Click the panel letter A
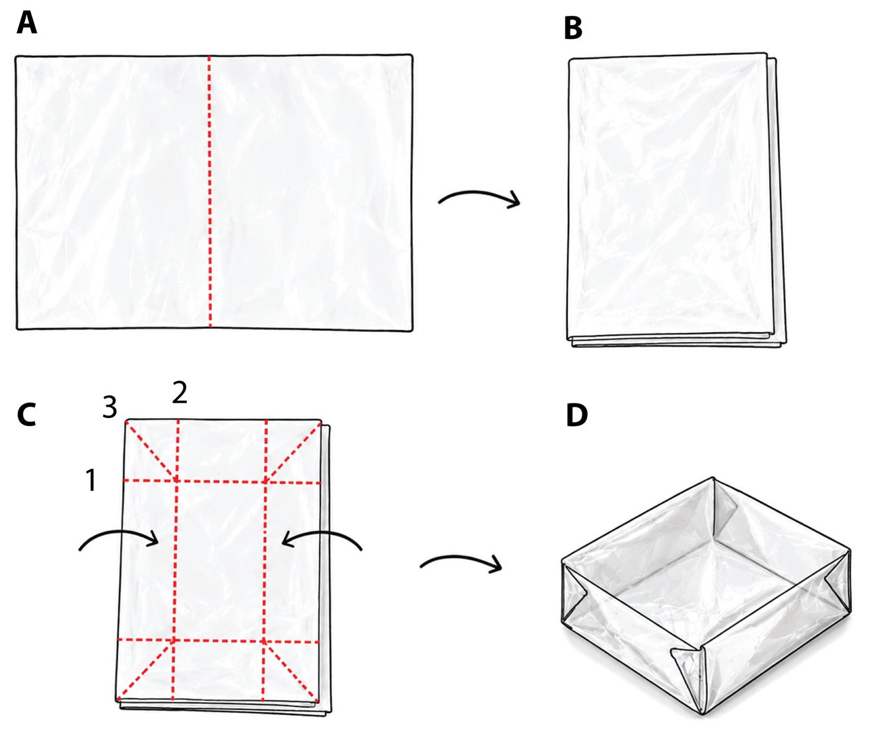tap(27, 24)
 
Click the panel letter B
tap(573, 29)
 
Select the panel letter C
tap(27, 415)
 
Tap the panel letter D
tap(576, 415)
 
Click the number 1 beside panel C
tap(91, 480)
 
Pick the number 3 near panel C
tap(110, 407)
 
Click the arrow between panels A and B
tap(479, 198)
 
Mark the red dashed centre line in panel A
tap(209, 191)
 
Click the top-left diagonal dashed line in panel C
tap(151, 451)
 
